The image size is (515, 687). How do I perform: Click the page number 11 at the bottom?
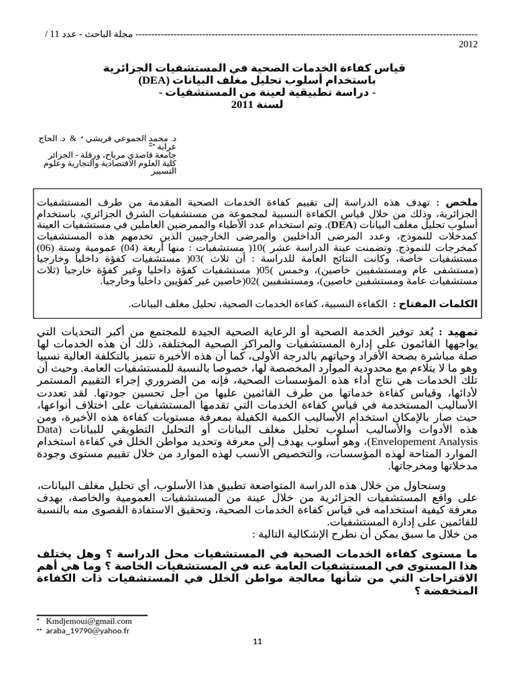pyautogui.click(x=257, y=643)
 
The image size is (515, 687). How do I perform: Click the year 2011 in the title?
pyautogui.click(x=242, y=105)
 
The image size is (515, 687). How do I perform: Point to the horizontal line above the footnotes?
pyautogui.click(x=92, y=615)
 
